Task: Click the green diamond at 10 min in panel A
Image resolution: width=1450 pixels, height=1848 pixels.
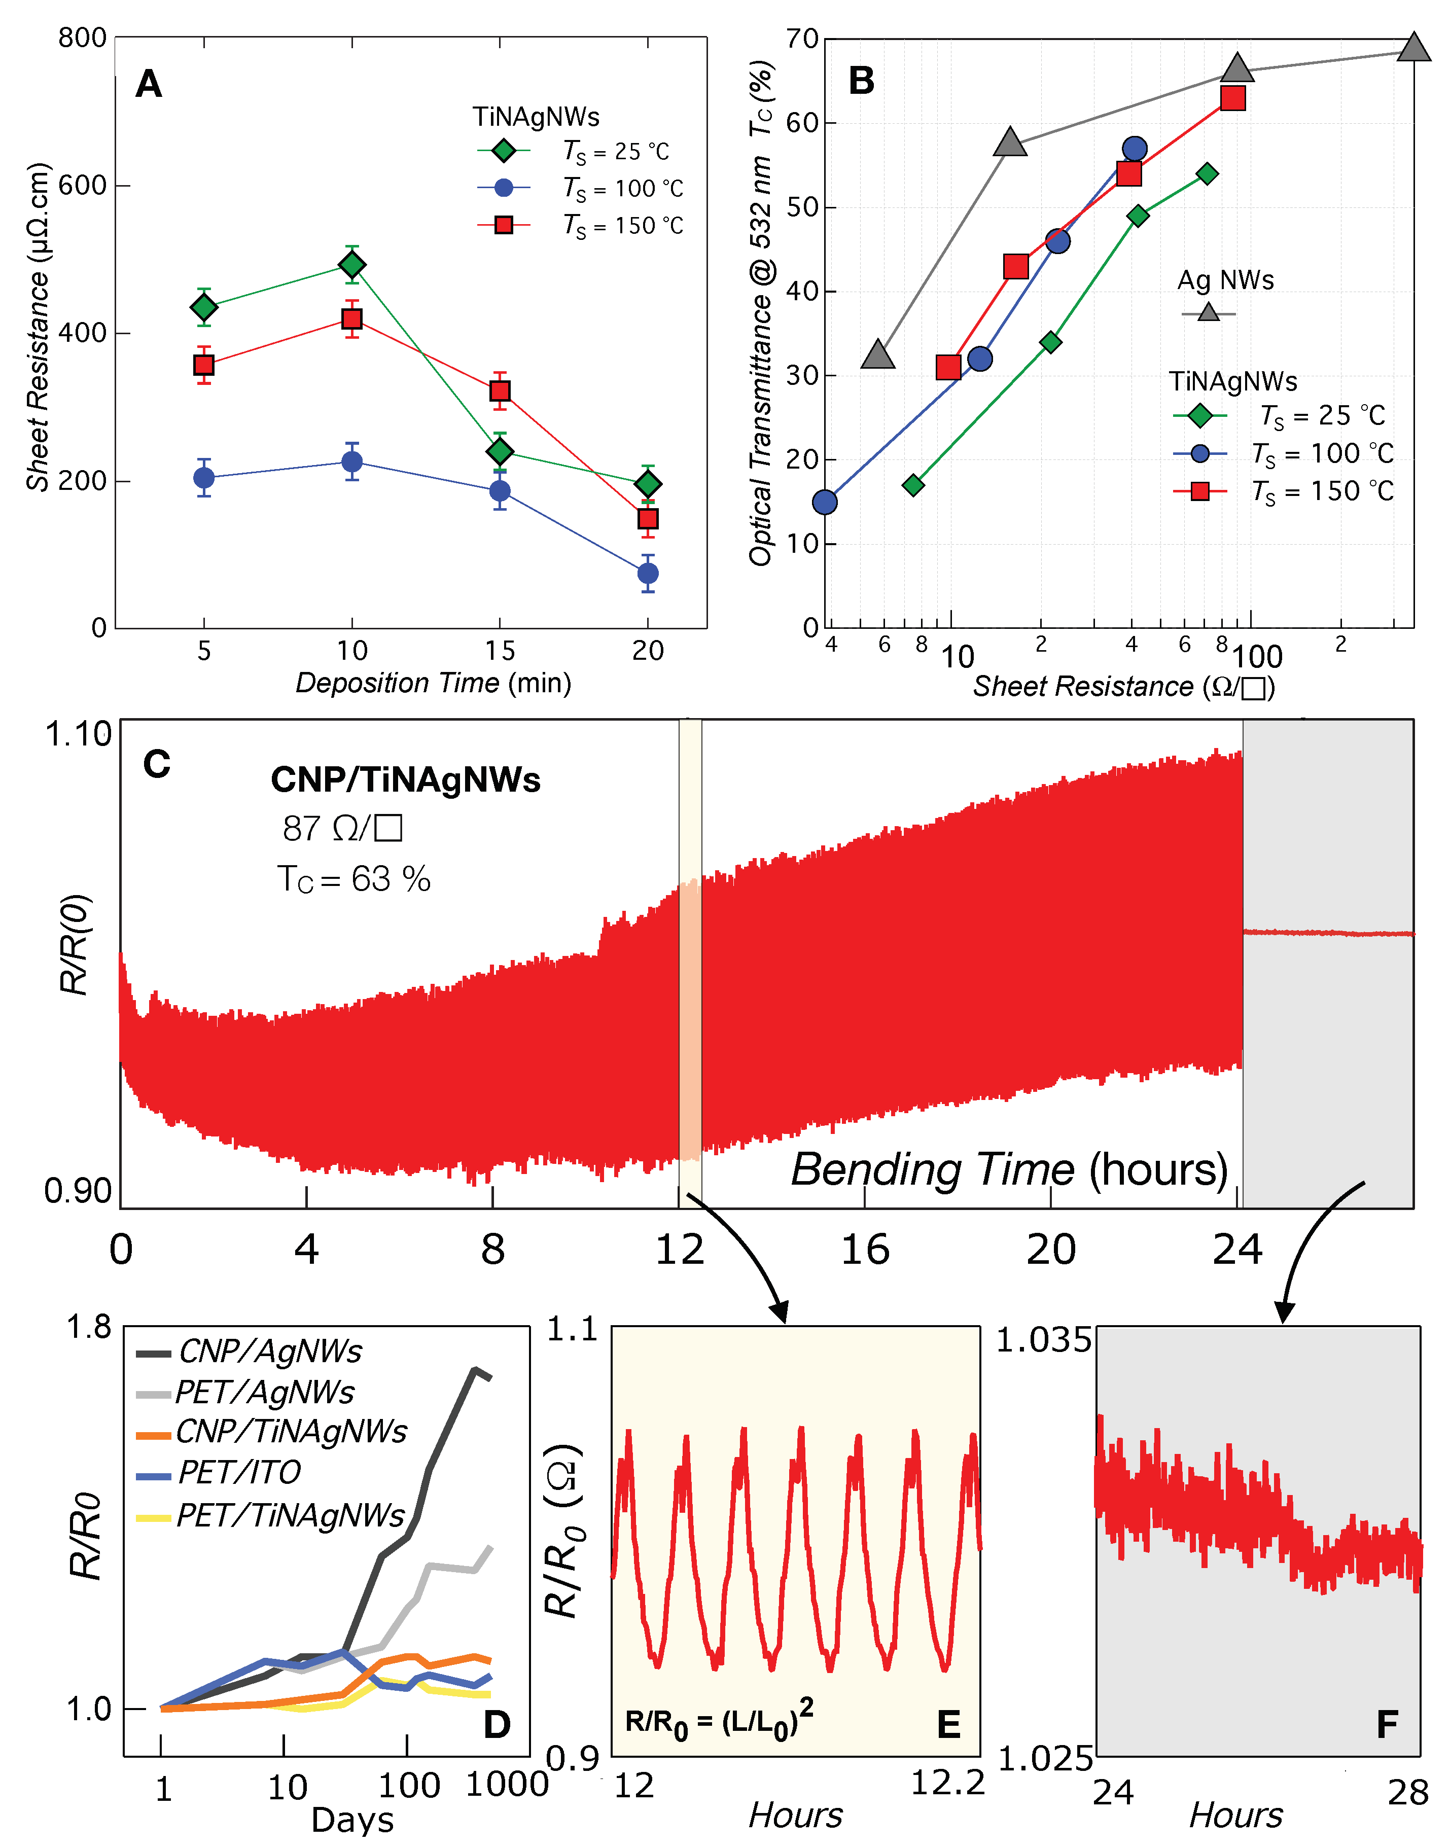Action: pyautogui.click(x=351, y=266)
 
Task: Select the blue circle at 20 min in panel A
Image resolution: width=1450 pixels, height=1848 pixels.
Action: pyautogui.click(x=648, y=574)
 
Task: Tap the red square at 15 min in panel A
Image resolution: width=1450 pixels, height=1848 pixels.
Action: pyautogui.click(x=500, y=390)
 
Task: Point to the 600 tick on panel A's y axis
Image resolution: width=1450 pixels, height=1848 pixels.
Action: pyautogui.click(x=82, y=185)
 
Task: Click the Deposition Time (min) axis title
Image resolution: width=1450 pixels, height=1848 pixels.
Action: pyautogui.click(x=433, y=683)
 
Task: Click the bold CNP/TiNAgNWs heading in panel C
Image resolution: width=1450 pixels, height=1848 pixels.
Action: pyautogui.click(x=405, y=780)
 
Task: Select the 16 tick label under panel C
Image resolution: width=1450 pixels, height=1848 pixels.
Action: pyautogui.click(x=865, y=1251)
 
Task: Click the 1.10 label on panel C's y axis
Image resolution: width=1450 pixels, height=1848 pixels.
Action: pyautogui.click(x=78, y=734)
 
